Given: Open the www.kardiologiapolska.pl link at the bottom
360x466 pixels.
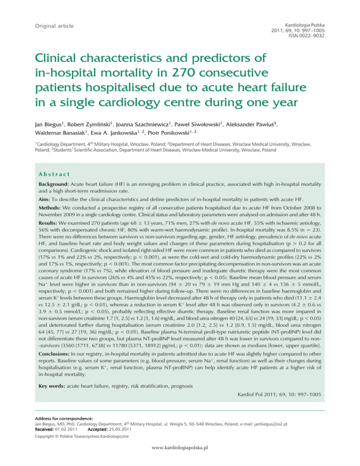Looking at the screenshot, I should point(180,460).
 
